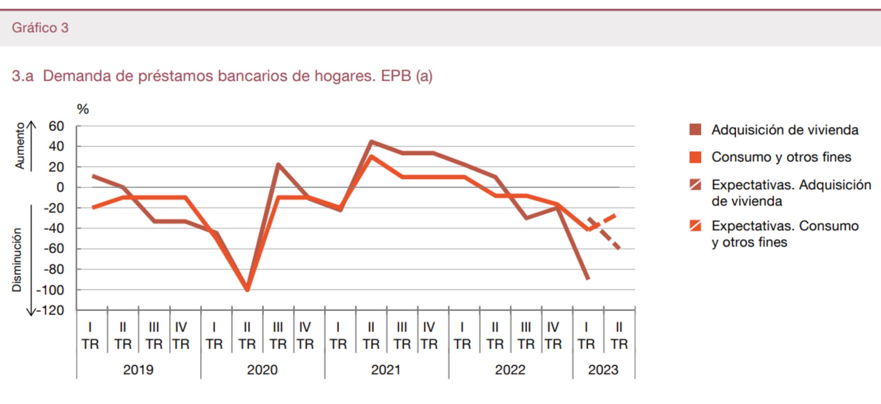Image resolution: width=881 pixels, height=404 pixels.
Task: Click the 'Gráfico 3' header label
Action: (x=40, y=28)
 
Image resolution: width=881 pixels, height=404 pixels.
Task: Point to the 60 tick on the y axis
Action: (x=56, y=126)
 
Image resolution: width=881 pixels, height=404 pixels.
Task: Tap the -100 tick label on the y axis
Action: (x=50, y=290)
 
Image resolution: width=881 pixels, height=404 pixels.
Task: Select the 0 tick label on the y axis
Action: (x=60, y=187)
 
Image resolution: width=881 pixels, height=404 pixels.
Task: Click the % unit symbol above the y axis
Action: (x=83, y=109)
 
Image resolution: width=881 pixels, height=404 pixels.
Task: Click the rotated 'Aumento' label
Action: (x=20, y=146)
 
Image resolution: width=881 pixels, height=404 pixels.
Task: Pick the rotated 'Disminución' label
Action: (x=17, y=260)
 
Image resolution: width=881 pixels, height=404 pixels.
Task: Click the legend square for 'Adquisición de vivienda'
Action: (x=695, y=130)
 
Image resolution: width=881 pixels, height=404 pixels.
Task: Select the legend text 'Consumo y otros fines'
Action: (x=781, y=157)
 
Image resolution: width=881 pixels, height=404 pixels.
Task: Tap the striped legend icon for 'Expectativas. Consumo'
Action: (x=695, y=226)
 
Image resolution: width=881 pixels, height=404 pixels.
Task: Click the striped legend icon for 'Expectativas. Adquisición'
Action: (x=695, y=185)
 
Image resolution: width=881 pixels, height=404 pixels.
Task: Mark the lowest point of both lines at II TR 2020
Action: (x=247, y=290)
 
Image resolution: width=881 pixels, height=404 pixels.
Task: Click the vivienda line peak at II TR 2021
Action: (x=371, y=142)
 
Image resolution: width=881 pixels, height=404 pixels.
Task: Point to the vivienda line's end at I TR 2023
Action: (x=588, y=278)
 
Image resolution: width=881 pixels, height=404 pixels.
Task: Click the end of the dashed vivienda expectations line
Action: (x=619, y=248)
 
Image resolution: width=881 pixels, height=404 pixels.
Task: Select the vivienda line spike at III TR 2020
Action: (x=278, y=164)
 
